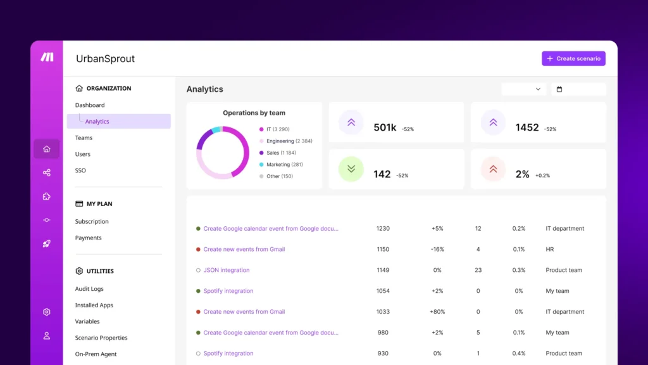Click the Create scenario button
tap(573, 58)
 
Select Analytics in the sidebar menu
tap(97, 122)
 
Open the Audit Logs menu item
tap(89, 289)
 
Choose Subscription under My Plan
tap(92, 222)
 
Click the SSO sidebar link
tap(80, 170)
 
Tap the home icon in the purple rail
tap(47, 149)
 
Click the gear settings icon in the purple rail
tap(47, 312)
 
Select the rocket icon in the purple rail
tap(47, 243)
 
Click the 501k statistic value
tap(385, 127)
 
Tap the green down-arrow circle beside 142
tap(351, 169)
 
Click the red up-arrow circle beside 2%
tap(493, 169)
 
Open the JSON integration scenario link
tap(226, 270)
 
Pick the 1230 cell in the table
tap(383, 229)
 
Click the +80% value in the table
tap(437, 312)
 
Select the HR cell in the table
tap(550, 250)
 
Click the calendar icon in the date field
tap(559, 89)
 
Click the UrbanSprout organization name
tap(106, 59)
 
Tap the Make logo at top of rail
tap(47, 57)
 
